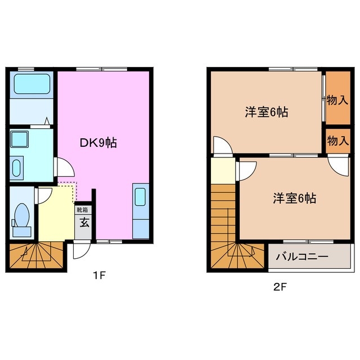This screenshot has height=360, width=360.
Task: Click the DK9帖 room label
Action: pos(97,143)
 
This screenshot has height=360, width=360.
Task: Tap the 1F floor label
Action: pos(100,276)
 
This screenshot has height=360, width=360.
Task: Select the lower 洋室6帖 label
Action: pos(294,198)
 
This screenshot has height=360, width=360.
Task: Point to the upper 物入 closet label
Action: pos(337,100)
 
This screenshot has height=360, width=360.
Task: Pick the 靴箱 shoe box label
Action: pos(83,209)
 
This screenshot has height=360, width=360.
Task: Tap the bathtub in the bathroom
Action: pos(31,84)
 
